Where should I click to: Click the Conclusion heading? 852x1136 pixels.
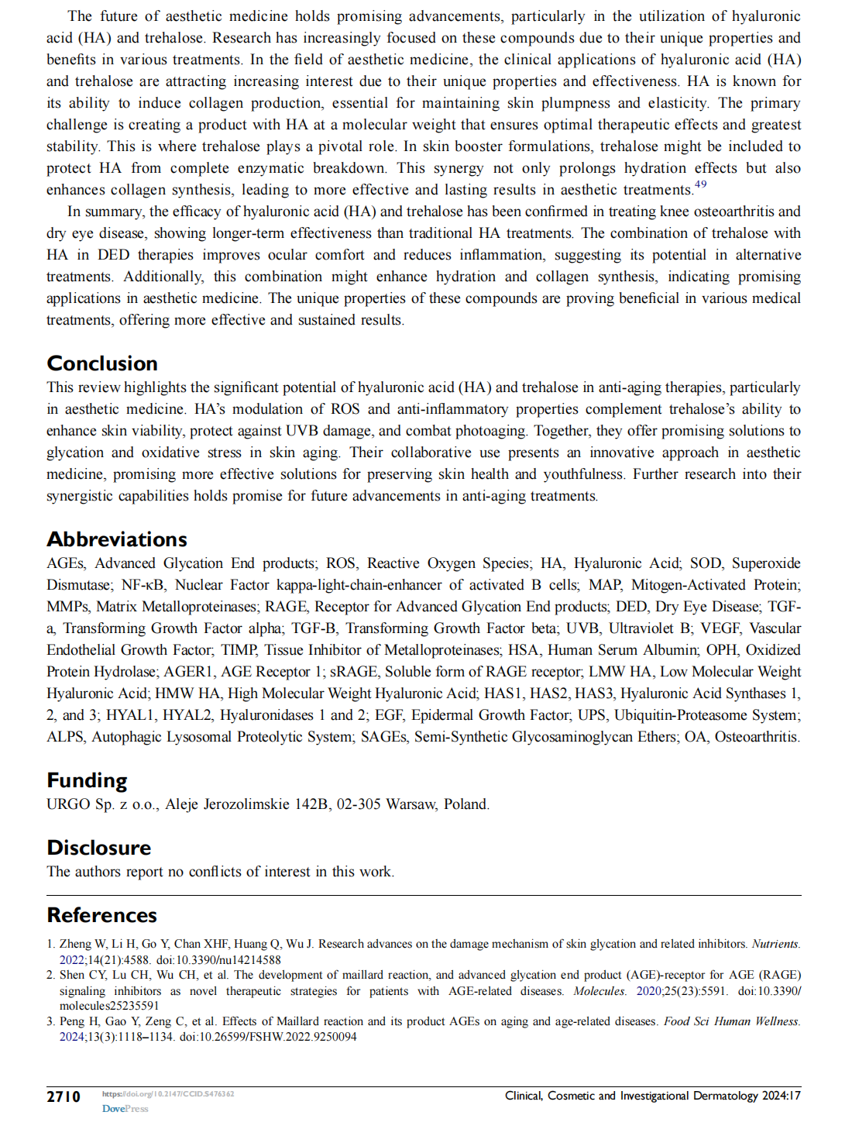point(102,363)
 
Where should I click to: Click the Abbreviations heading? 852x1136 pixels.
point(117,539)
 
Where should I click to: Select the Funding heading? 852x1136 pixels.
point(87,780)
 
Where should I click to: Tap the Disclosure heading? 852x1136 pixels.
point(99,848)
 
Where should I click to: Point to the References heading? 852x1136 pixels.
point(102,915)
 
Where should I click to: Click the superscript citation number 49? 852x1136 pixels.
point(700,184)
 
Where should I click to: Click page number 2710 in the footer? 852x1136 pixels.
point(64,1096)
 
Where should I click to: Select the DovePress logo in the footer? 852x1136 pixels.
point(125,1109)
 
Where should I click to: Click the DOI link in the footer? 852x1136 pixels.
point(168,1094)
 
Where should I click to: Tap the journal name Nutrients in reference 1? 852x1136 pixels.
point(775,944)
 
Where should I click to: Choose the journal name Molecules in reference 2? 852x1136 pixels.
point(599,991)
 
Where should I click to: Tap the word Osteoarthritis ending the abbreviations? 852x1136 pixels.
point(757,737)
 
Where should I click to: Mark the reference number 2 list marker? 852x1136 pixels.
point(50,975)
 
